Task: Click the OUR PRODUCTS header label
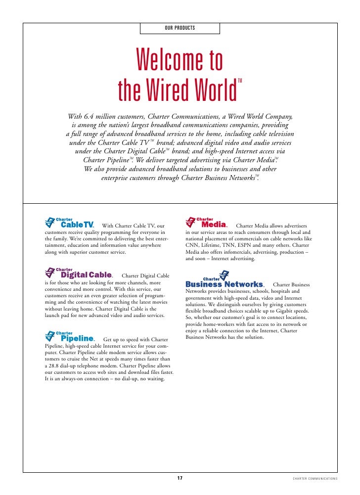click(x=180, y=28)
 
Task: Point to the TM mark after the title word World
click(x=240, y=81)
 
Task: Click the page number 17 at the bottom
click(x=180, y=478)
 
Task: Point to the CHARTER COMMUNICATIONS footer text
click(x=315, y=479)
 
